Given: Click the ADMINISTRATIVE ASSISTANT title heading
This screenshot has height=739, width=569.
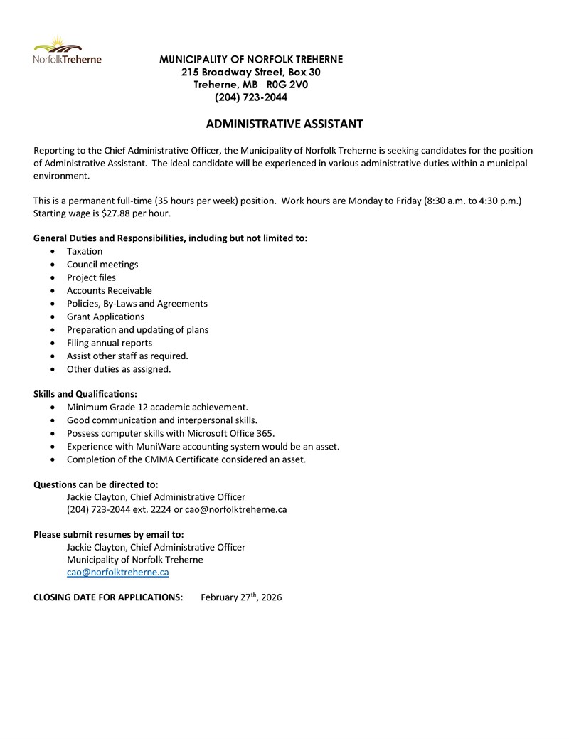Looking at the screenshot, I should [284, 124].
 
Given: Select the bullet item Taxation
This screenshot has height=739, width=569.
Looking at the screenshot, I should [85, 251].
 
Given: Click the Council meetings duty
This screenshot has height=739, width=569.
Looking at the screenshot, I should [102, 265].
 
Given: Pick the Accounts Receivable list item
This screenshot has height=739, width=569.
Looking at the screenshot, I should [109, 290].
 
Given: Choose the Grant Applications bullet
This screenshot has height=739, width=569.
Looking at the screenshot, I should [105, 317].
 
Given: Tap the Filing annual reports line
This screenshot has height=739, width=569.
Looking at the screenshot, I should [109, 343].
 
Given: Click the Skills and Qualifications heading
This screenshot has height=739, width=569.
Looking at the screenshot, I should [85, 393].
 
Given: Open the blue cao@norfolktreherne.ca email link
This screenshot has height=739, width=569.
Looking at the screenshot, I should [117, 572].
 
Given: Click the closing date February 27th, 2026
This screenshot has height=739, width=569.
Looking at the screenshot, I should [241, 597].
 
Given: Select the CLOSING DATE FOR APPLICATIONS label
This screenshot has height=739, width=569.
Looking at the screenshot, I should [108, 597].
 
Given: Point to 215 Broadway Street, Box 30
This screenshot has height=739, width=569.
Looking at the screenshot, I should [250, 72].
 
